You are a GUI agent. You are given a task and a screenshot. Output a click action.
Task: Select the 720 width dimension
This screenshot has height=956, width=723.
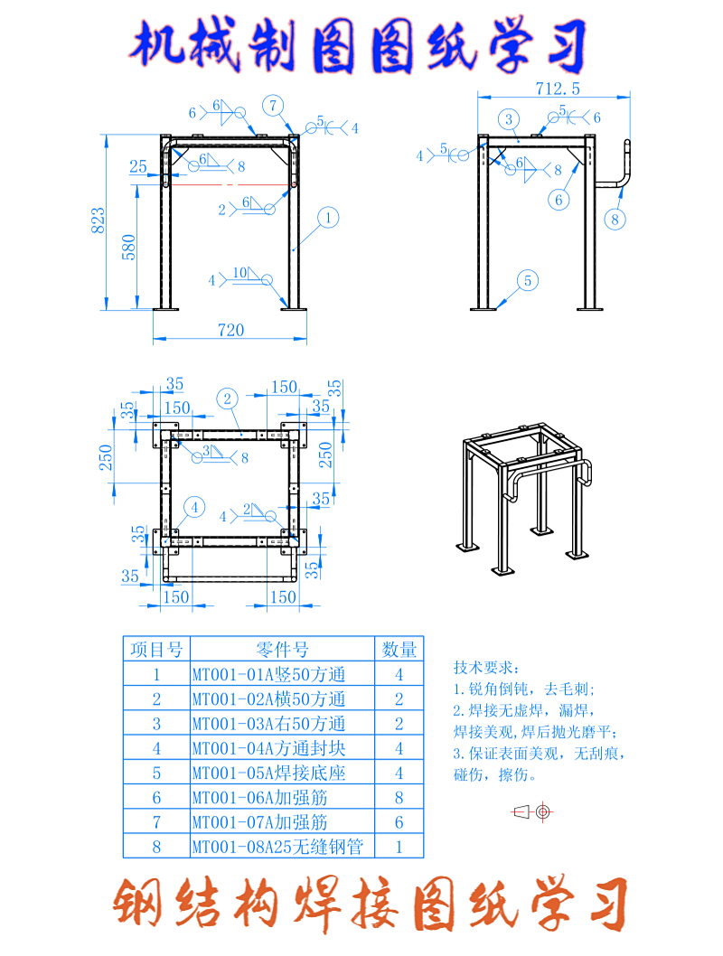230,330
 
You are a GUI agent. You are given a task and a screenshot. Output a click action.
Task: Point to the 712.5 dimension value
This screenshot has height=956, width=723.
558,88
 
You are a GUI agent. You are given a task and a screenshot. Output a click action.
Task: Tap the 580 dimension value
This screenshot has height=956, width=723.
128,247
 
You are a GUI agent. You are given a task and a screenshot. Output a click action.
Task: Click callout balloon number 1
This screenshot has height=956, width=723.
328,217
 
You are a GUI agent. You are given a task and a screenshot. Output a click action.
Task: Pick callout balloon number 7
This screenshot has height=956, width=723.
274,105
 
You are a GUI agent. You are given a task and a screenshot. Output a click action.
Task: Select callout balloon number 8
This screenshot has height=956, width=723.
615,219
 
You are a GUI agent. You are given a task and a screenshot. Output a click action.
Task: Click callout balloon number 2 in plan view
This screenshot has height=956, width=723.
227,398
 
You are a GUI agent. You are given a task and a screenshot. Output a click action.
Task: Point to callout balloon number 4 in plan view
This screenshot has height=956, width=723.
192,508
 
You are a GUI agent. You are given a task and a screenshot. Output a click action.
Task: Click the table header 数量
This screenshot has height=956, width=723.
399,649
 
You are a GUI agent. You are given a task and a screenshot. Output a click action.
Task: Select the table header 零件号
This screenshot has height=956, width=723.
282,649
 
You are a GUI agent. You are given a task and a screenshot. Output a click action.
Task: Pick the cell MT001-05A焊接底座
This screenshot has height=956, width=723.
268,773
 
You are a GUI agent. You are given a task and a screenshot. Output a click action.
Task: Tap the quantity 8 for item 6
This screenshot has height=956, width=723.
399,797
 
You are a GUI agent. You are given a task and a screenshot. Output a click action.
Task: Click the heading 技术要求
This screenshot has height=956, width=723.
486,668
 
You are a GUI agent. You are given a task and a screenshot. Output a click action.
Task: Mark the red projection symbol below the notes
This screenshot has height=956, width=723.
533,811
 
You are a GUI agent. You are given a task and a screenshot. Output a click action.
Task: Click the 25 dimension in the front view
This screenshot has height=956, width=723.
137,166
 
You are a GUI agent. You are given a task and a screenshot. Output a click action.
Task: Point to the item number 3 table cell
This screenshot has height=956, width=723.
156,724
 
